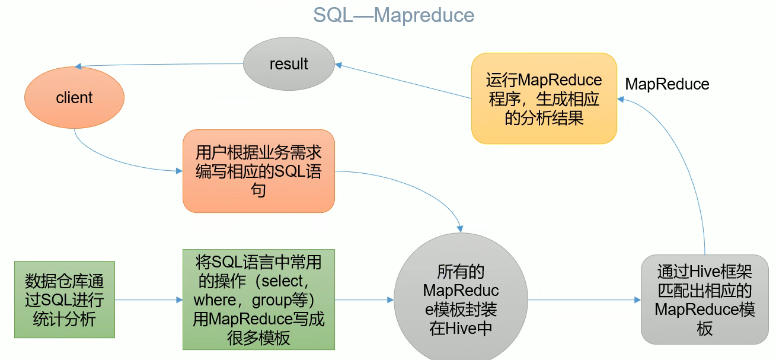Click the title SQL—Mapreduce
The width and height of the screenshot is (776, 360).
[394, 15]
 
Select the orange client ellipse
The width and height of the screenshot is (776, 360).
[74, 97]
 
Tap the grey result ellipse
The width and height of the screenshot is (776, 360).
[289, 63]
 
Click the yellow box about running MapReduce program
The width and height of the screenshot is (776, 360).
[544, 98]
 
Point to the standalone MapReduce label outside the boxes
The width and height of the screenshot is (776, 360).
[668, 84]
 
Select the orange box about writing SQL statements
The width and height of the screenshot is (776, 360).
[258, 171]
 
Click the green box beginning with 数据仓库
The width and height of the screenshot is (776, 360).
[65, 300]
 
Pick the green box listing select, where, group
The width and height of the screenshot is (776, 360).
[258, 300]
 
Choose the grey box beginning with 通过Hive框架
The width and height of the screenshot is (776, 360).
[705, 300]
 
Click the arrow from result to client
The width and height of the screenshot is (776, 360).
[159, 65]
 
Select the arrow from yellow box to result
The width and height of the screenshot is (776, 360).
[403, 81]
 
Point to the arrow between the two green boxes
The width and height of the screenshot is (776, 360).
[149, 300]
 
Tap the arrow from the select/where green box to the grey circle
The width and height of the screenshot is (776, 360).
[365, 300]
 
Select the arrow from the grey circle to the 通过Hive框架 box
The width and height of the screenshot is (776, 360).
[585, 300]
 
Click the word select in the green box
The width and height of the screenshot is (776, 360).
[282, 281]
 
